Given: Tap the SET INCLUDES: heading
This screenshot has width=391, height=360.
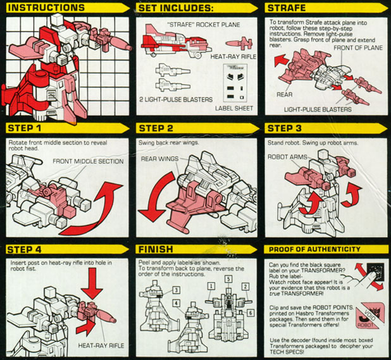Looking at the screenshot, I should click(175, 8).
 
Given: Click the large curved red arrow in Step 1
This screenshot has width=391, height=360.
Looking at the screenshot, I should click(92, 209).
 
